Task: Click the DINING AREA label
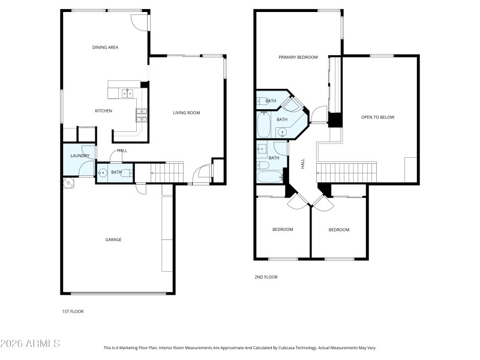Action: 104,47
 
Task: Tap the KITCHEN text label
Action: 104,111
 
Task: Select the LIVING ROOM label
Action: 187,113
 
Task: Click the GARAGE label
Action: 113,239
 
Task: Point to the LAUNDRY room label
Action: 80,156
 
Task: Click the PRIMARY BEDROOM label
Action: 298,58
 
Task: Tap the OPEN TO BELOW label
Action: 377,117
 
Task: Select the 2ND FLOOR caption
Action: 266,277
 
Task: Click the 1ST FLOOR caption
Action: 73,312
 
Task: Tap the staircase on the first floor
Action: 167,173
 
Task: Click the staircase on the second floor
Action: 346,173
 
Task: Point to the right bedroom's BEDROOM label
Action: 338,230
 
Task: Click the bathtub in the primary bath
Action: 265,126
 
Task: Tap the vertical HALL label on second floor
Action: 303,163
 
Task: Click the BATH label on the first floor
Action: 116,173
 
